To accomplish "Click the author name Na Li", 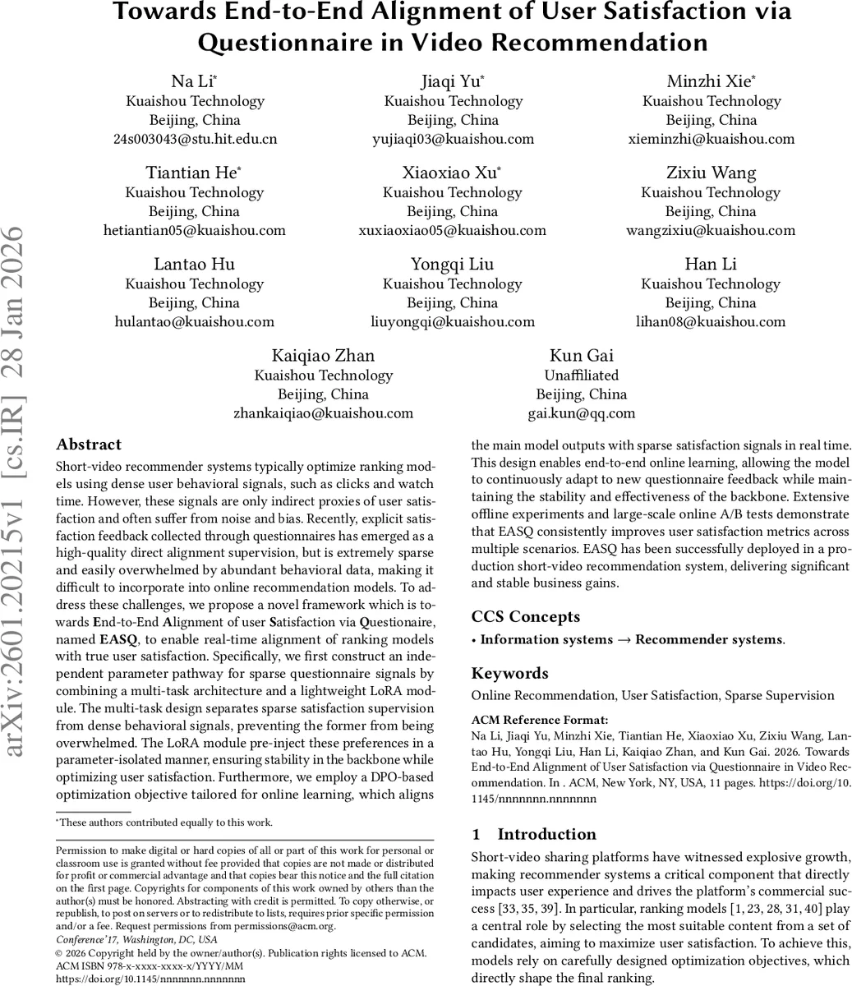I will click(194, 81).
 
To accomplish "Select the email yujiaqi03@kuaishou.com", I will click(453, 139).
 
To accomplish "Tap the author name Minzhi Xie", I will click(711, 81).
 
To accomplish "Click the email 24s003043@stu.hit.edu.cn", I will click(195, 139).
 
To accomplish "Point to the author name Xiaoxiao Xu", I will click(452, 173).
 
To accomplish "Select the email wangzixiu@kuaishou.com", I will click(711, 230).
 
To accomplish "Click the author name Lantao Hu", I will click(194, 264).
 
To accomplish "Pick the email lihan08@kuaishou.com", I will click(711, 321).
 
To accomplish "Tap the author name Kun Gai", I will click(582, 355).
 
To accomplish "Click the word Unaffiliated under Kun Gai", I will click(582, 375).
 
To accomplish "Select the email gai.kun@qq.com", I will click(582, 413).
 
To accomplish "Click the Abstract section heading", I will click(89, 445).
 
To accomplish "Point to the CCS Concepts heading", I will click(525, 616).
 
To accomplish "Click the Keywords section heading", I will click(509, 673).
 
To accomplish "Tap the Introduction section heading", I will click(546, 834).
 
